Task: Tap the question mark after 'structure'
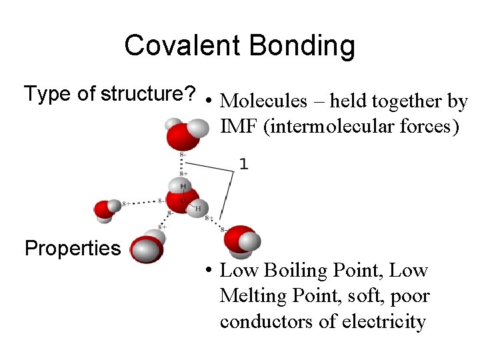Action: (x=190, y=94)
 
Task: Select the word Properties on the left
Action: (x=72, y=249)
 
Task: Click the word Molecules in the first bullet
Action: (x=263, y=101)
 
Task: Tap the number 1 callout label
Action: (x=244, y=163)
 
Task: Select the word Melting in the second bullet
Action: (x=249, y=296)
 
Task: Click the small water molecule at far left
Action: (x=107, y=209)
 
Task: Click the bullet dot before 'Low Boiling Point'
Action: (x=209, y=271)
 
